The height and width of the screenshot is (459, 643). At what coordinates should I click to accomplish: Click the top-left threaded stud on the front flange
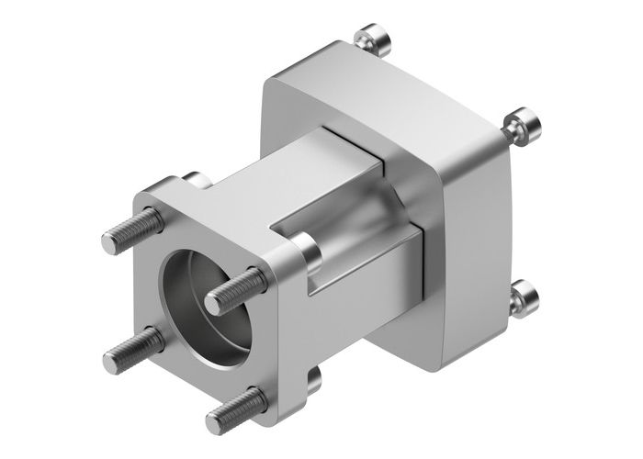(x=125, y=230)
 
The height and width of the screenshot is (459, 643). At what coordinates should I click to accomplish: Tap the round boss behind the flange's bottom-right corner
(x=312, y=377)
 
